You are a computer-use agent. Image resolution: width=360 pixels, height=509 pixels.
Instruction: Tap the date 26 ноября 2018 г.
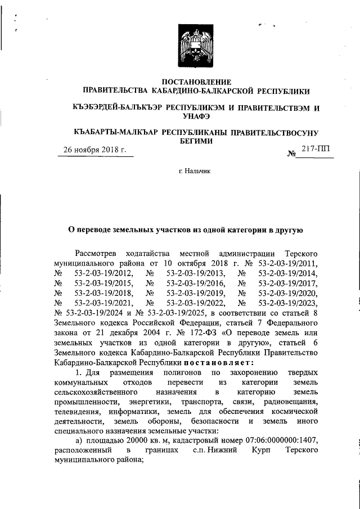(x=94, y=150)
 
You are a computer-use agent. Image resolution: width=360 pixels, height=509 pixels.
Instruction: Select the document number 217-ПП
(x=316, y=148)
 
